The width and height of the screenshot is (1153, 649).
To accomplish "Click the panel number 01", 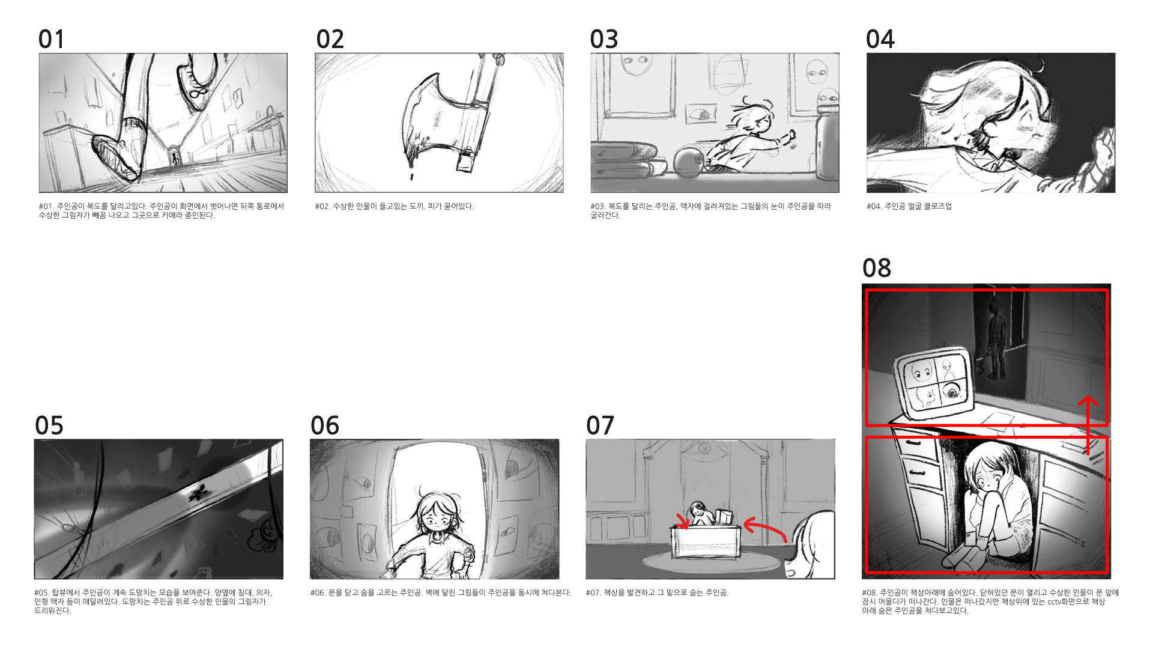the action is (51, 39).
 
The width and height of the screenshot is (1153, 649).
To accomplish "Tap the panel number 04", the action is (880, 39).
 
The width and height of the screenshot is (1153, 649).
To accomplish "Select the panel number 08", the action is (877, 268).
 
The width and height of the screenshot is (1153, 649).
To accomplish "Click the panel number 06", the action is (325, 425).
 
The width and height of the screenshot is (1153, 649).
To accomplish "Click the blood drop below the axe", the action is (411, 177).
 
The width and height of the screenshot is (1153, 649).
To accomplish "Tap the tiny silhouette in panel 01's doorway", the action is (175, 159).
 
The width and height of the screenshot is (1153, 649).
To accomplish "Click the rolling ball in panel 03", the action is (688, 161).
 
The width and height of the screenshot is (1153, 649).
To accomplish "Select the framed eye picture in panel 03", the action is (701, 112).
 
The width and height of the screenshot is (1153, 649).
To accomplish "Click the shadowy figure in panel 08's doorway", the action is (996, 340).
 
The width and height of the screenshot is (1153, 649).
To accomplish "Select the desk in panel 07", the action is (706, 541).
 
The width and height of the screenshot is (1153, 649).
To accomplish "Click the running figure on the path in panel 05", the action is (197, 494).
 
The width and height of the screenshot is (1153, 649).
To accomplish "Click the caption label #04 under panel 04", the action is (874, 206).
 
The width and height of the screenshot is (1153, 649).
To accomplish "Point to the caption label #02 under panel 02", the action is (322, 206).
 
